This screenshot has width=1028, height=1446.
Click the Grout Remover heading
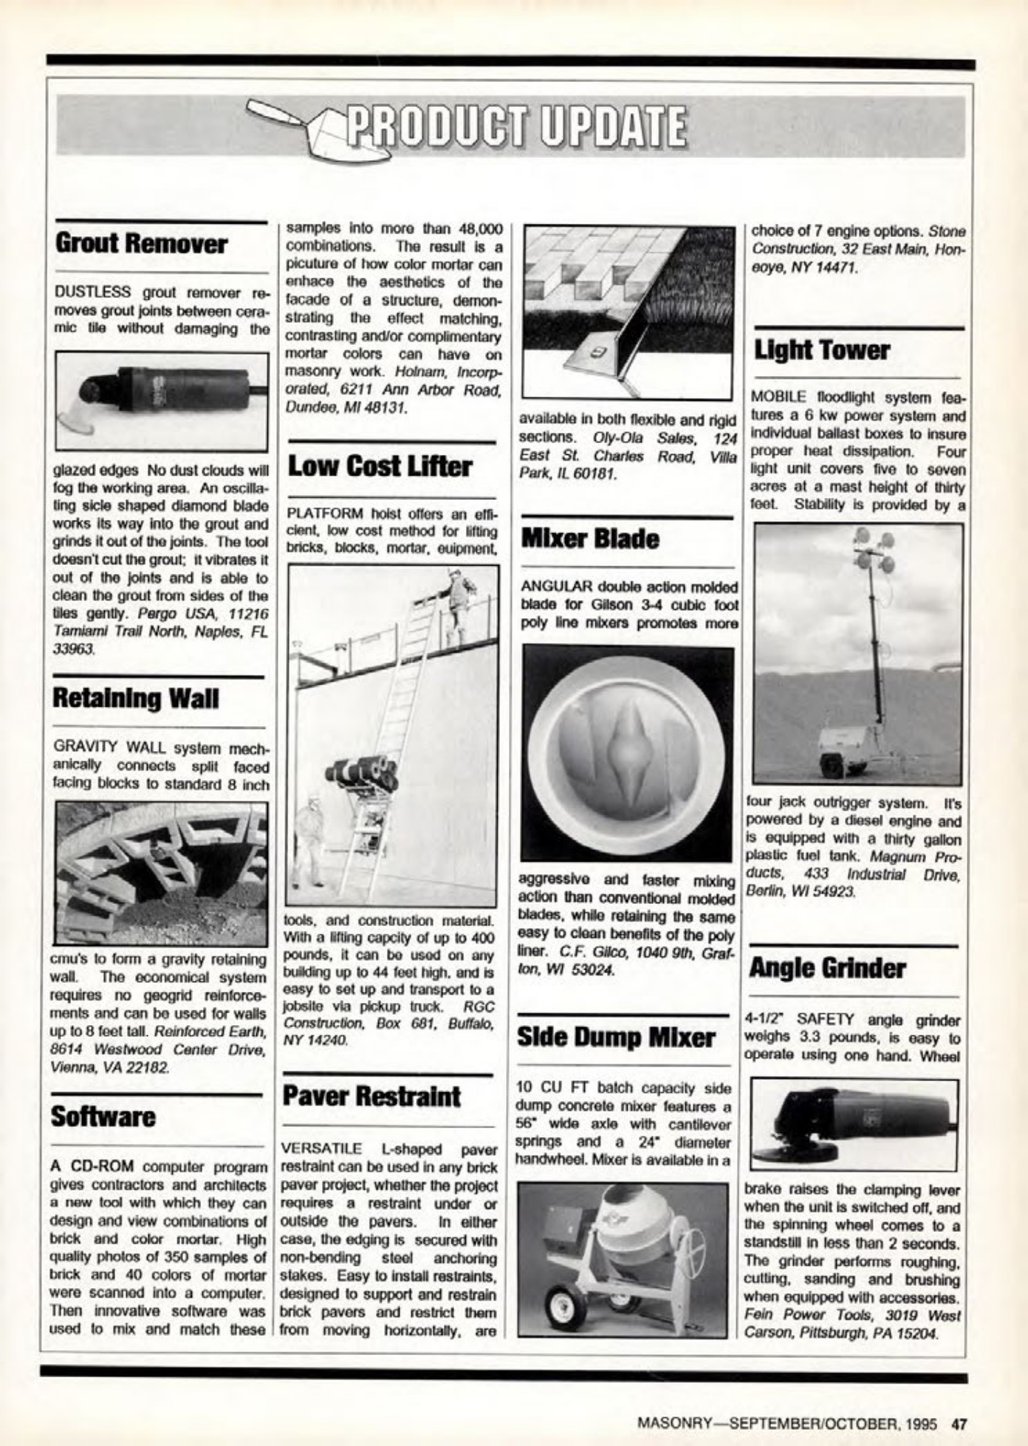click(x=141, y=244)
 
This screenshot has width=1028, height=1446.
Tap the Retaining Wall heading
click(x=136, y=698)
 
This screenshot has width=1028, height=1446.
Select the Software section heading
click(x=103, y=1117)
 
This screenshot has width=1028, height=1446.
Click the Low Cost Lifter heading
click(x=379, y=467)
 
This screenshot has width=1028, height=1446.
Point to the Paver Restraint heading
click(x=371, y=1096)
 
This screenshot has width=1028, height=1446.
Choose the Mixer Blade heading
click(x=589, y=539)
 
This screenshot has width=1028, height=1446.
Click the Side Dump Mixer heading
click(x=615, y=1038)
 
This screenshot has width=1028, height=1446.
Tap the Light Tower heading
click(x=821, y=350)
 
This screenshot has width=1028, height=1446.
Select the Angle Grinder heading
click(x=827, y=968)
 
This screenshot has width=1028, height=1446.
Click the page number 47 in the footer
click(x=959, y=1423)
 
